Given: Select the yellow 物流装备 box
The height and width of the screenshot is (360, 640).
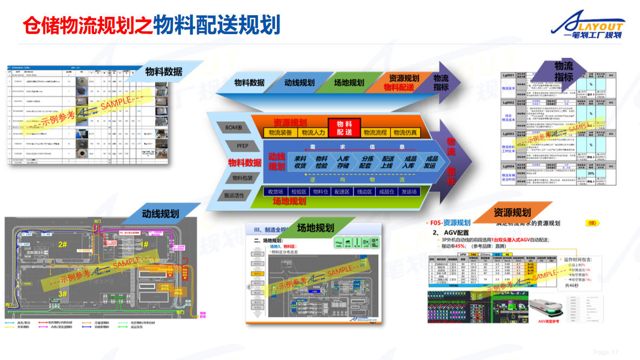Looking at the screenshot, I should click(281, 132).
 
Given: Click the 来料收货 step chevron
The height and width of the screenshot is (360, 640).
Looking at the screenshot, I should click(300, 162).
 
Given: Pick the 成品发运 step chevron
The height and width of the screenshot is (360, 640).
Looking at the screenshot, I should click(430, 162).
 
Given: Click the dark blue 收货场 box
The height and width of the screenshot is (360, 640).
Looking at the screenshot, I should click(272, 191).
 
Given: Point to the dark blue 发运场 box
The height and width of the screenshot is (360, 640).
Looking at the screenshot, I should click(417, 191).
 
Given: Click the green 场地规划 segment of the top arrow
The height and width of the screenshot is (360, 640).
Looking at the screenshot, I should click(349, 83).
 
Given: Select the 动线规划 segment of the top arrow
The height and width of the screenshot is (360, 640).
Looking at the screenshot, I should click(299, 83).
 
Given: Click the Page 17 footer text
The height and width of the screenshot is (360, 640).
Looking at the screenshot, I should click(605, 352).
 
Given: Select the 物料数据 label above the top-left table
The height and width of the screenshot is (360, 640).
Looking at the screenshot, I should click(164, 71).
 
